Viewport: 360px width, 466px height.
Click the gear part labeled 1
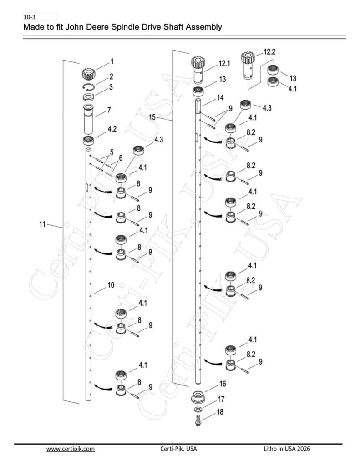[88, 74]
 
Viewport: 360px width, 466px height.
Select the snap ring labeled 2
[88, 86]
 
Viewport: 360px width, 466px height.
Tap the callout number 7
[109, 110]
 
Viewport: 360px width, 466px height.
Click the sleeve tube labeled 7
[88, 119]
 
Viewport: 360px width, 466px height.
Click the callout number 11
[42, 224]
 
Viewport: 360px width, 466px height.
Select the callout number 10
[111, 285]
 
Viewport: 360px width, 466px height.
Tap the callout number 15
[152, 117]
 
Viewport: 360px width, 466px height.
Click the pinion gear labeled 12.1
[198, 69]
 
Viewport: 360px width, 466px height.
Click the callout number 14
[220, 98]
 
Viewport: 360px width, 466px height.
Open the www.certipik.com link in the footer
[71, 448]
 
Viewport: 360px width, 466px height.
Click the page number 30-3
[29, 17]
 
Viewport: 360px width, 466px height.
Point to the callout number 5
[112, 152]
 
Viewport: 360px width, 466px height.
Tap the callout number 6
[121, 158]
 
